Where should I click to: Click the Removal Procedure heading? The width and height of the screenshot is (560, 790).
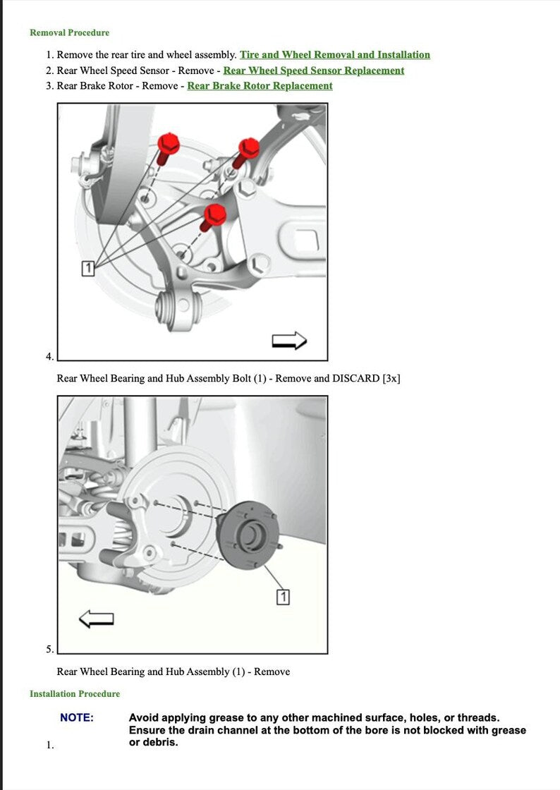69,32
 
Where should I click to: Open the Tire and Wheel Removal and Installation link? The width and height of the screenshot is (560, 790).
334,55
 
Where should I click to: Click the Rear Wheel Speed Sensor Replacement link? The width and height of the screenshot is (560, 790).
313,71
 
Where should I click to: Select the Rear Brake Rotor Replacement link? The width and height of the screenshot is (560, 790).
260,86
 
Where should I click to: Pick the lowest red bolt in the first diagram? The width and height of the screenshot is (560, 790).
214,214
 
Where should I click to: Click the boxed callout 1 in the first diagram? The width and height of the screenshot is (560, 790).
87,268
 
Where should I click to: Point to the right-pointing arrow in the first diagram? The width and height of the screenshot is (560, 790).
289,341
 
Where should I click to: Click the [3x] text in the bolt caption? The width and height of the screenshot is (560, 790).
391,379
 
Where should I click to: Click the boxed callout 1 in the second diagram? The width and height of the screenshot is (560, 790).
283,597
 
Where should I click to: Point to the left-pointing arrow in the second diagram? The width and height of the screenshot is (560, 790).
97,619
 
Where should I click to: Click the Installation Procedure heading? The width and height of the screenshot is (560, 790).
75,694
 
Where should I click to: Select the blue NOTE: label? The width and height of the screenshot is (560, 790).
76,718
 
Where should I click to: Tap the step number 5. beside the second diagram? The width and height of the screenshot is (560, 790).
50,650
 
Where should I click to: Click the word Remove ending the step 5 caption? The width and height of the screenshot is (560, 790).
272,672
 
